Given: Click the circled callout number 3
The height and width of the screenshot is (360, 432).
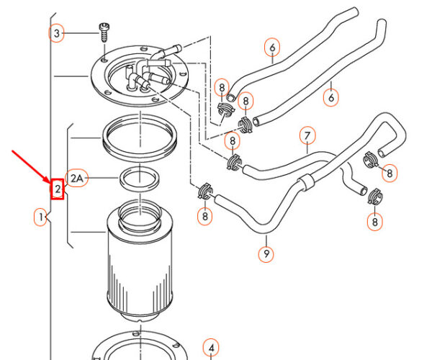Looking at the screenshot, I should pyautogui.click(x=57, y=33).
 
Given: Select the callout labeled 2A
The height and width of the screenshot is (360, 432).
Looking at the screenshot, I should pyautogui.click(x=78, y=176).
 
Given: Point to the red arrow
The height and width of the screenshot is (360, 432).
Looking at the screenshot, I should pyautogui.click(x=32, y=167).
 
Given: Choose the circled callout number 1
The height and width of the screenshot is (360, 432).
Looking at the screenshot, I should pyautogui.click(x=42, y=215).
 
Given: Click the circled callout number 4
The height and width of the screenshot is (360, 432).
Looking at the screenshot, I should pyautogui.click(x=210, y=348).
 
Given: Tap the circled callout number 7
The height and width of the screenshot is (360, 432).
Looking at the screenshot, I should pyautogui.click(x=307, y=136).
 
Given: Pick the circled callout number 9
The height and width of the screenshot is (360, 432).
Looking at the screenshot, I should pyautogui.click(x=266, y=253).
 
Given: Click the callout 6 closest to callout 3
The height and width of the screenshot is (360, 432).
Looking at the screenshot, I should pyautogui.click(x=272, y=48).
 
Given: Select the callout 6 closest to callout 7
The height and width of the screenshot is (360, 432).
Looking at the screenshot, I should pyautogui.click(x=331, y=96).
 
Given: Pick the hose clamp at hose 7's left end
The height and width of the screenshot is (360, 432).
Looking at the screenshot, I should pyautogui.click(x=234, y=163).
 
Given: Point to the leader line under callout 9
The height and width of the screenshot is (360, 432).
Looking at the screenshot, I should pyautogui.click(x=266, y=240).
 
